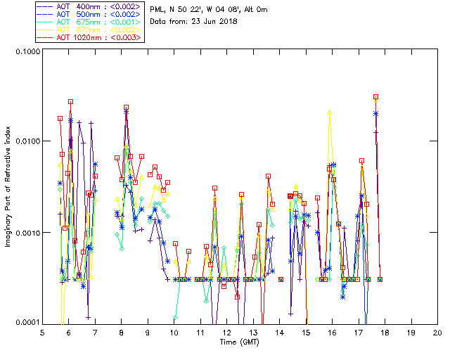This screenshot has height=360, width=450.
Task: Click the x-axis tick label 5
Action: (42, 332)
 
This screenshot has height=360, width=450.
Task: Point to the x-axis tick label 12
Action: (226, 332)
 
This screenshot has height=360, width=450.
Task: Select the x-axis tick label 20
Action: (437, 332)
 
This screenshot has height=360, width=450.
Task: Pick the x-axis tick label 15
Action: (306, 332)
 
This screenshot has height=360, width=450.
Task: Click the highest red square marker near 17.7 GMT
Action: (376, 97)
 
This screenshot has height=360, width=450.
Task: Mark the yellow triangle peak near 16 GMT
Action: (329, 112)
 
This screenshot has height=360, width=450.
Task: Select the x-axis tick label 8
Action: (121, 332)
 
